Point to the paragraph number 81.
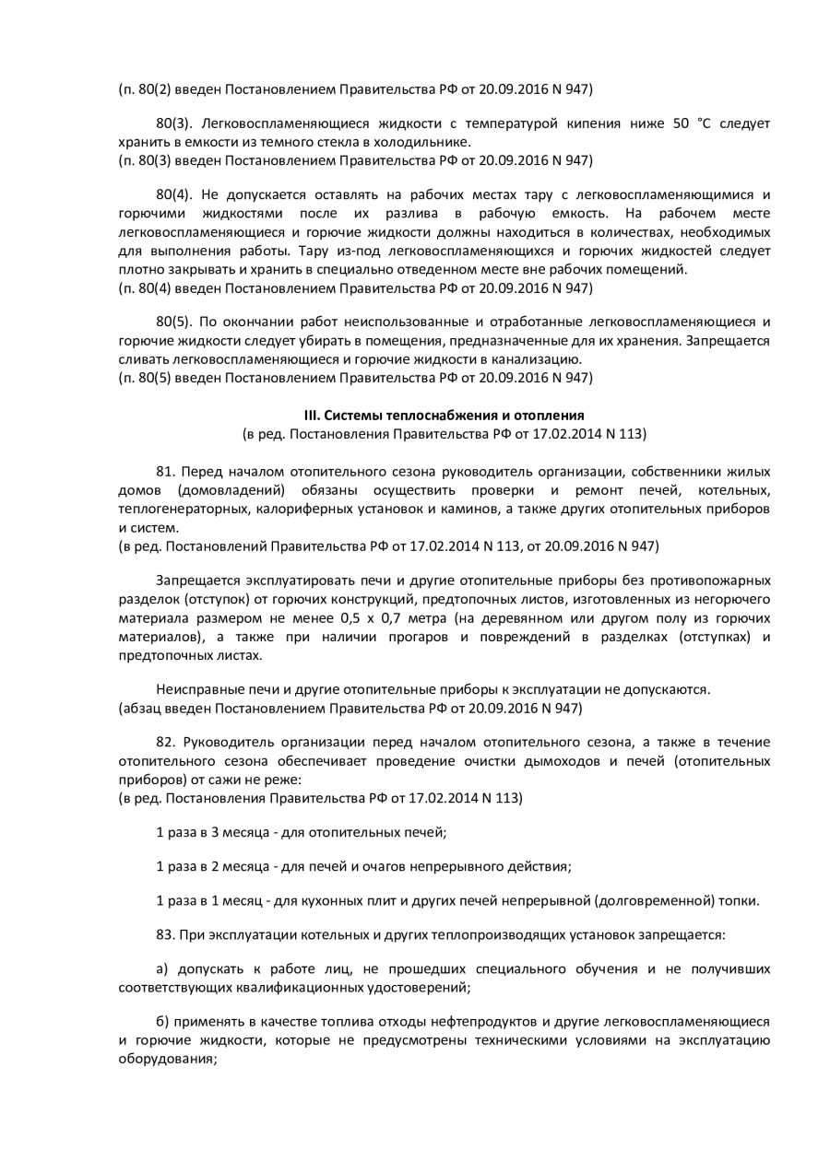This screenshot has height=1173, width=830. tap(165, 471)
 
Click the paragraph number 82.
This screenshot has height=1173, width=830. tap(165, 742)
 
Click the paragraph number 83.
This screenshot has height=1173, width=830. tap(165, 934)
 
